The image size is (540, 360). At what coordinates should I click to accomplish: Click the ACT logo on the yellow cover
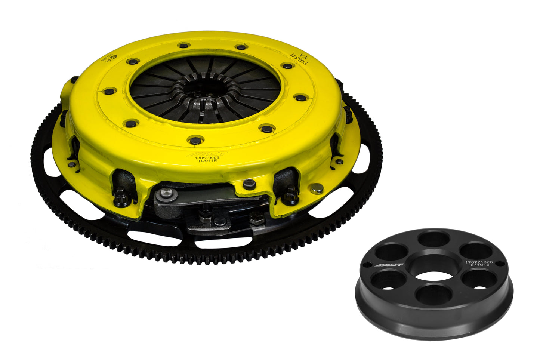201,154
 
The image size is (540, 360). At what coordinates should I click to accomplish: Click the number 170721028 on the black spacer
479,263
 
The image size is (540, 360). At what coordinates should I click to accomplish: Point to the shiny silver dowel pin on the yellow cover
317,189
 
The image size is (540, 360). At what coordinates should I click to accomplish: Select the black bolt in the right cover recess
291,196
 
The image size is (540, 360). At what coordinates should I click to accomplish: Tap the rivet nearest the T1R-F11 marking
287,66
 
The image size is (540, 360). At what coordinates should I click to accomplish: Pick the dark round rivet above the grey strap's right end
249,184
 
